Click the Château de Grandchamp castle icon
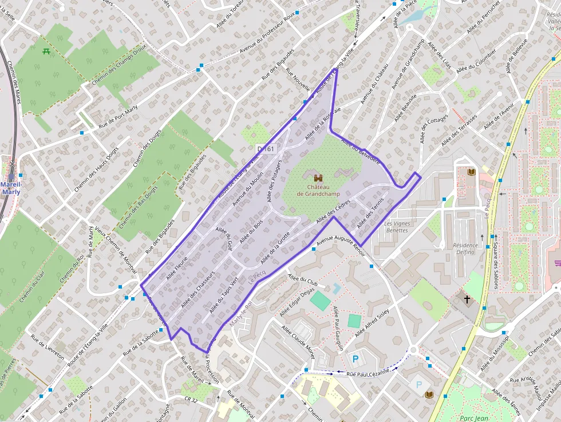click(x=318, y=178)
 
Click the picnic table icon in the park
click(x=46, y=52)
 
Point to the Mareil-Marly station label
click(x=10, y=188)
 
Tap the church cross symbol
click(x=467, y=299)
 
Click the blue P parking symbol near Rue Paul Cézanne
click(x=355, y=360)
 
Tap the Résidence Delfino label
click(x=465, y=249)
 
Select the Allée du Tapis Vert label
click(x=223, y=295)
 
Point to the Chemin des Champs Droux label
click(x=119, y=65)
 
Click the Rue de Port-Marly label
click(x=118, y=117)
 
